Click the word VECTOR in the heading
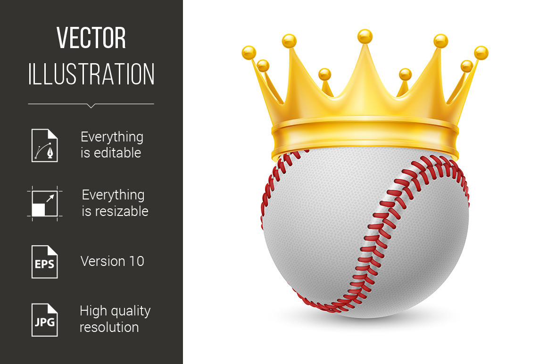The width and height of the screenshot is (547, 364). tap(91, 38)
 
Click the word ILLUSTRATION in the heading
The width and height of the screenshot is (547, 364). tap(91, 74)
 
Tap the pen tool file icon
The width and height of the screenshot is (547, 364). tap(45, 145)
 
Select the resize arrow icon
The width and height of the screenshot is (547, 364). tap(45, 204)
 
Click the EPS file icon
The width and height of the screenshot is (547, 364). tap(45, 262)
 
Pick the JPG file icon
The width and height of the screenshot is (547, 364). tap(45, 320)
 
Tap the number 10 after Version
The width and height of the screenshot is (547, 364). tap(137, 261)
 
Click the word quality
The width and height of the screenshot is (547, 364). tap(130, 311)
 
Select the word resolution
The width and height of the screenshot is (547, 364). tap(109, 327)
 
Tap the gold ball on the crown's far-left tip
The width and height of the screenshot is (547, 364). tap(249, 53)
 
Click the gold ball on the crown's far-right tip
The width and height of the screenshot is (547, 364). tap(481, 53)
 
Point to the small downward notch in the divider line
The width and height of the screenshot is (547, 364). tap(91, 106)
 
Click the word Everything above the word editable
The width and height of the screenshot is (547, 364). tap(112, 137)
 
